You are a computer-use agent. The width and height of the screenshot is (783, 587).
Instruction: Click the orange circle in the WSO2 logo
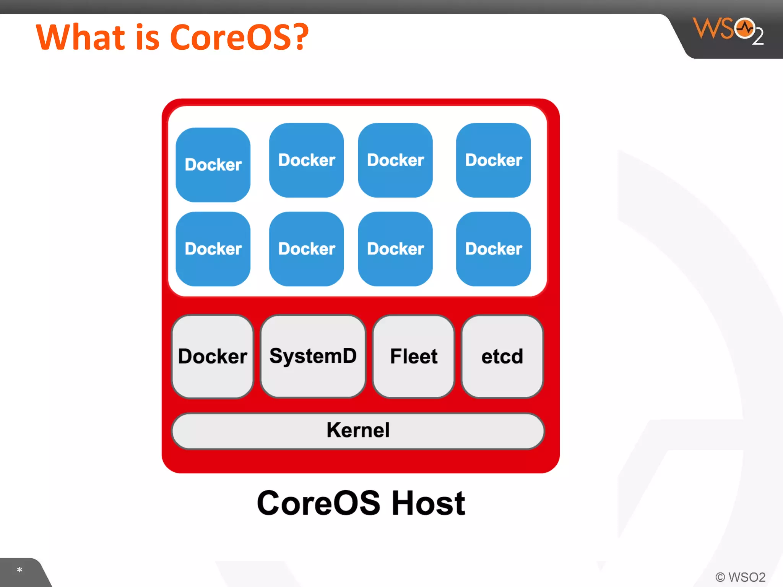coord(744,28)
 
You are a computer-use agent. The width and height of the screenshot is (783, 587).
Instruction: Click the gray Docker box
coord(213,356)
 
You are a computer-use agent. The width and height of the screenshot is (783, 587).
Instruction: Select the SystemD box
coord(313,356)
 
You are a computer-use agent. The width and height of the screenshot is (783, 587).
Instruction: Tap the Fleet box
coord(414,356)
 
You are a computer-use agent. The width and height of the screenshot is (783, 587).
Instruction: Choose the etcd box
coord(502,356)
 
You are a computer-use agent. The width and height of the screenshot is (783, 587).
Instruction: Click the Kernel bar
coord(358,430)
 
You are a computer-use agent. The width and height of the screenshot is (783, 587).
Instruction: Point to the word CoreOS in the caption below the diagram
coord(318,503)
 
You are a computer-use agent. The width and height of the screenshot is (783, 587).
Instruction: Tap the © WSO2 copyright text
coord(740,577)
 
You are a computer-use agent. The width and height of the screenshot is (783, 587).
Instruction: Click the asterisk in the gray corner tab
coord(19,570)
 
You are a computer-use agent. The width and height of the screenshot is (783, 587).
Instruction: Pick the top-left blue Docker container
coord(213,165)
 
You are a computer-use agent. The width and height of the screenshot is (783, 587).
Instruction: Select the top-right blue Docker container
coord(493,160)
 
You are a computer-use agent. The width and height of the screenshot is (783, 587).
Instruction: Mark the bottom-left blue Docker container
coord(213,249)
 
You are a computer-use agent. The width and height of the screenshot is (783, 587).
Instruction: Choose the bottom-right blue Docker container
coord(493,249)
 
